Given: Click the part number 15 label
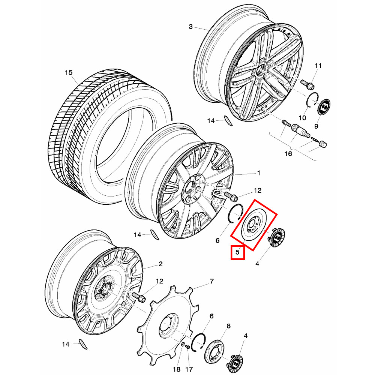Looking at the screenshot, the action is [x=69, y=72].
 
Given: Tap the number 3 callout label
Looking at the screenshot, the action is [x=190, y=27].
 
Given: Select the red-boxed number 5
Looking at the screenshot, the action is [x=237, y=252].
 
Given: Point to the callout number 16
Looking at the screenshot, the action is [x=288, y=153].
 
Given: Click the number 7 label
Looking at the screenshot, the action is [x=211, y=281].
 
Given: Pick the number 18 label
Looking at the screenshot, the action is [x=177, y=369].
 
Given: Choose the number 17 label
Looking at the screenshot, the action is [x=189, y=369].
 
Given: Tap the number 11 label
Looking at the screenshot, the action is [x=318, y=66].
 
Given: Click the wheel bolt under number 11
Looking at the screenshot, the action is [x=307, y=84].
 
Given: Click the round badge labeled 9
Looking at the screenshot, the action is [x=324, y=106].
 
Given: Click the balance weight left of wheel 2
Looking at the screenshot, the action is [x=83, y=344].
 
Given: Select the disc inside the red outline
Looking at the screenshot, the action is [x=254, y=225].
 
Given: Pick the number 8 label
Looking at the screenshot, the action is [x=229, y=326].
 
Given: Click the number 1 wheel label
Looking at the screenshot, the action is [x=258, y=172].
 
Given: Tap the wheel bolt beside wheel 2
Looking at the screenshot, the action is [x=139, y=297].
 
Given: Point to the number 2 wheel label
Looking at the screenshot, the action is [x=160, y=264].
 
